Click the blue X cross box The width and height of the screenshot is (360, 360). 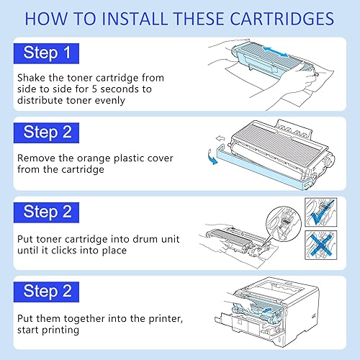coord(322,246)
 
